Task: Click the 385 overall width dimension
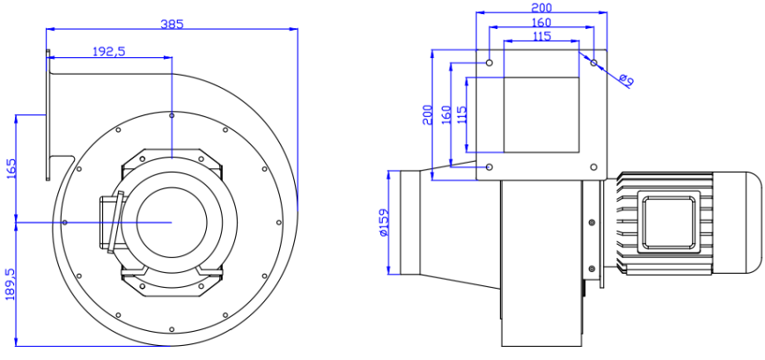[x=172, y=24]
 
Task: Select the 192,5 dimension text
[x=109, y=52]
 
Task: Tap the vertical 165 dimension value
[x=11, y=168]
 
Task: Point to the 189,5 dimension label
[x=11, y=283]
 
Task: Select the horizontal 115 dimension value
[x=541, y=36]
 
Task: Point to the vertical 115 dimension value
[x=461, y=114]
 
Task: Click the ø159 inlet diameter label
[x=384, y=223]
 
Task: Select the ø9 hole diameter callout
[x=627, y=80]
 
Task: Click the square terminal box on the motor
[x=673, y=222]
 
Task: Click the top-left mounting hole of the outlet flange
[x=490, y=62]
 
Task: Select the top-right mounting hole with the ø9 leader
[x=593, y=62]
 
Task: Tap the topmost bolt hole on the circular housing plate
[x=172, y=115]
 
